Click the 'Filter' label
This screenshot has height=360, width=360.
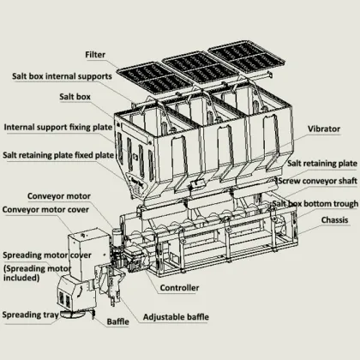click(96, 55)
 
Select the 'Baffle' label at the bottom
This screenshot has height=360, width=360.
click(117, 322)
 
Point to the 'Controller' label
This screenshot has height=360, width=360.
click(181, 288)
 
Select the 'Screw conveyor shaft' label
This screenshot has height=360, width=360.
click(317, 182)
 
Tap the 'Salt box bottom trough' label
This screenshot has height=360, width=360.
click(315, 204)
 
